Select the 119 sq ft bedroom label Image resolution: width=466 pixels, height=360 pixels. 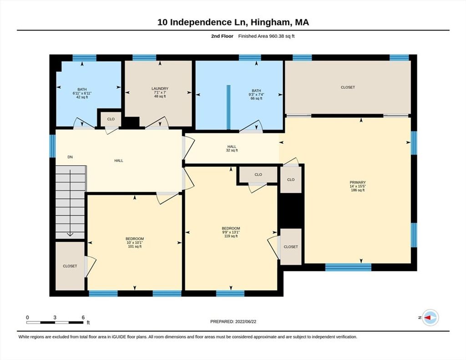click(x=231, y=232)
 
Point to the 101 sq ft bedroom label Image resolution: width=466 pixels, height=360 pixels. click(x=135, y=243)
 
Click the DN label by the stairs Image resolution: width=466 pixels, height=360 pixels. click(x=70, y=157)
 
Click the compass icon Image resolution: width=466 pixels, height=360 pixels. click(x=431, y=318)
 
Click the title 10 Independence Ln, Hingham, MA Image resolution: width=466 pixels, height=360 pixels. click(x=233, y=22)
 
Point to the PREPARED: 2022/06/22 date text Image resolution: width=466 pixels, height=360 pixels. click(x=233, y=321)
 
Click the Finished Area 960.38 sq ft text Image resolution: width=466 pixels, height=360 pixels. click(x=266, y=36)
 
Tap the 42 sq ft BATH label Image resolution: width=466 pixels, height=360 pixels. click(x=82, y=93)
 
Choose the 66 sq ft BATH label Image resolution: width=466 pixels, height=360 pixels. click(x=256, y=95)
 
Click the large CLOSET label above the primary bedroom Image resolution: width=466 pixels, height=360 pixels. click(x=348, y=87)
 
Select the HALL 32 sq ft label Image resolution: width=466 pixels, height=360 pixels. click(x=232, y=148)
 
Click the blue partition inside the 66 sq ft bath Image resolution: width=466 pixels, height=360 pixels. click(x=228, y=107)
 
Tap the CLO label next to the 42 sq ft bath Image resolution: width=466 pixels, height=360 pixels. click(x=111, y=119)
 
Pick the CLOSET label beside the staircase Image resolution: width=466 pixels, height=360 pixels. click(x=70, y=266)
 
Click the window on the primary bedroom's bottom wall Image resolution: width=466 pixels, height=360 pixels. click(x=348, y=267)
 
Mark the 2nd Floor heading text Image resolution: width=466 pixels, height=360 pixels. click(x=222, y=36)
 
